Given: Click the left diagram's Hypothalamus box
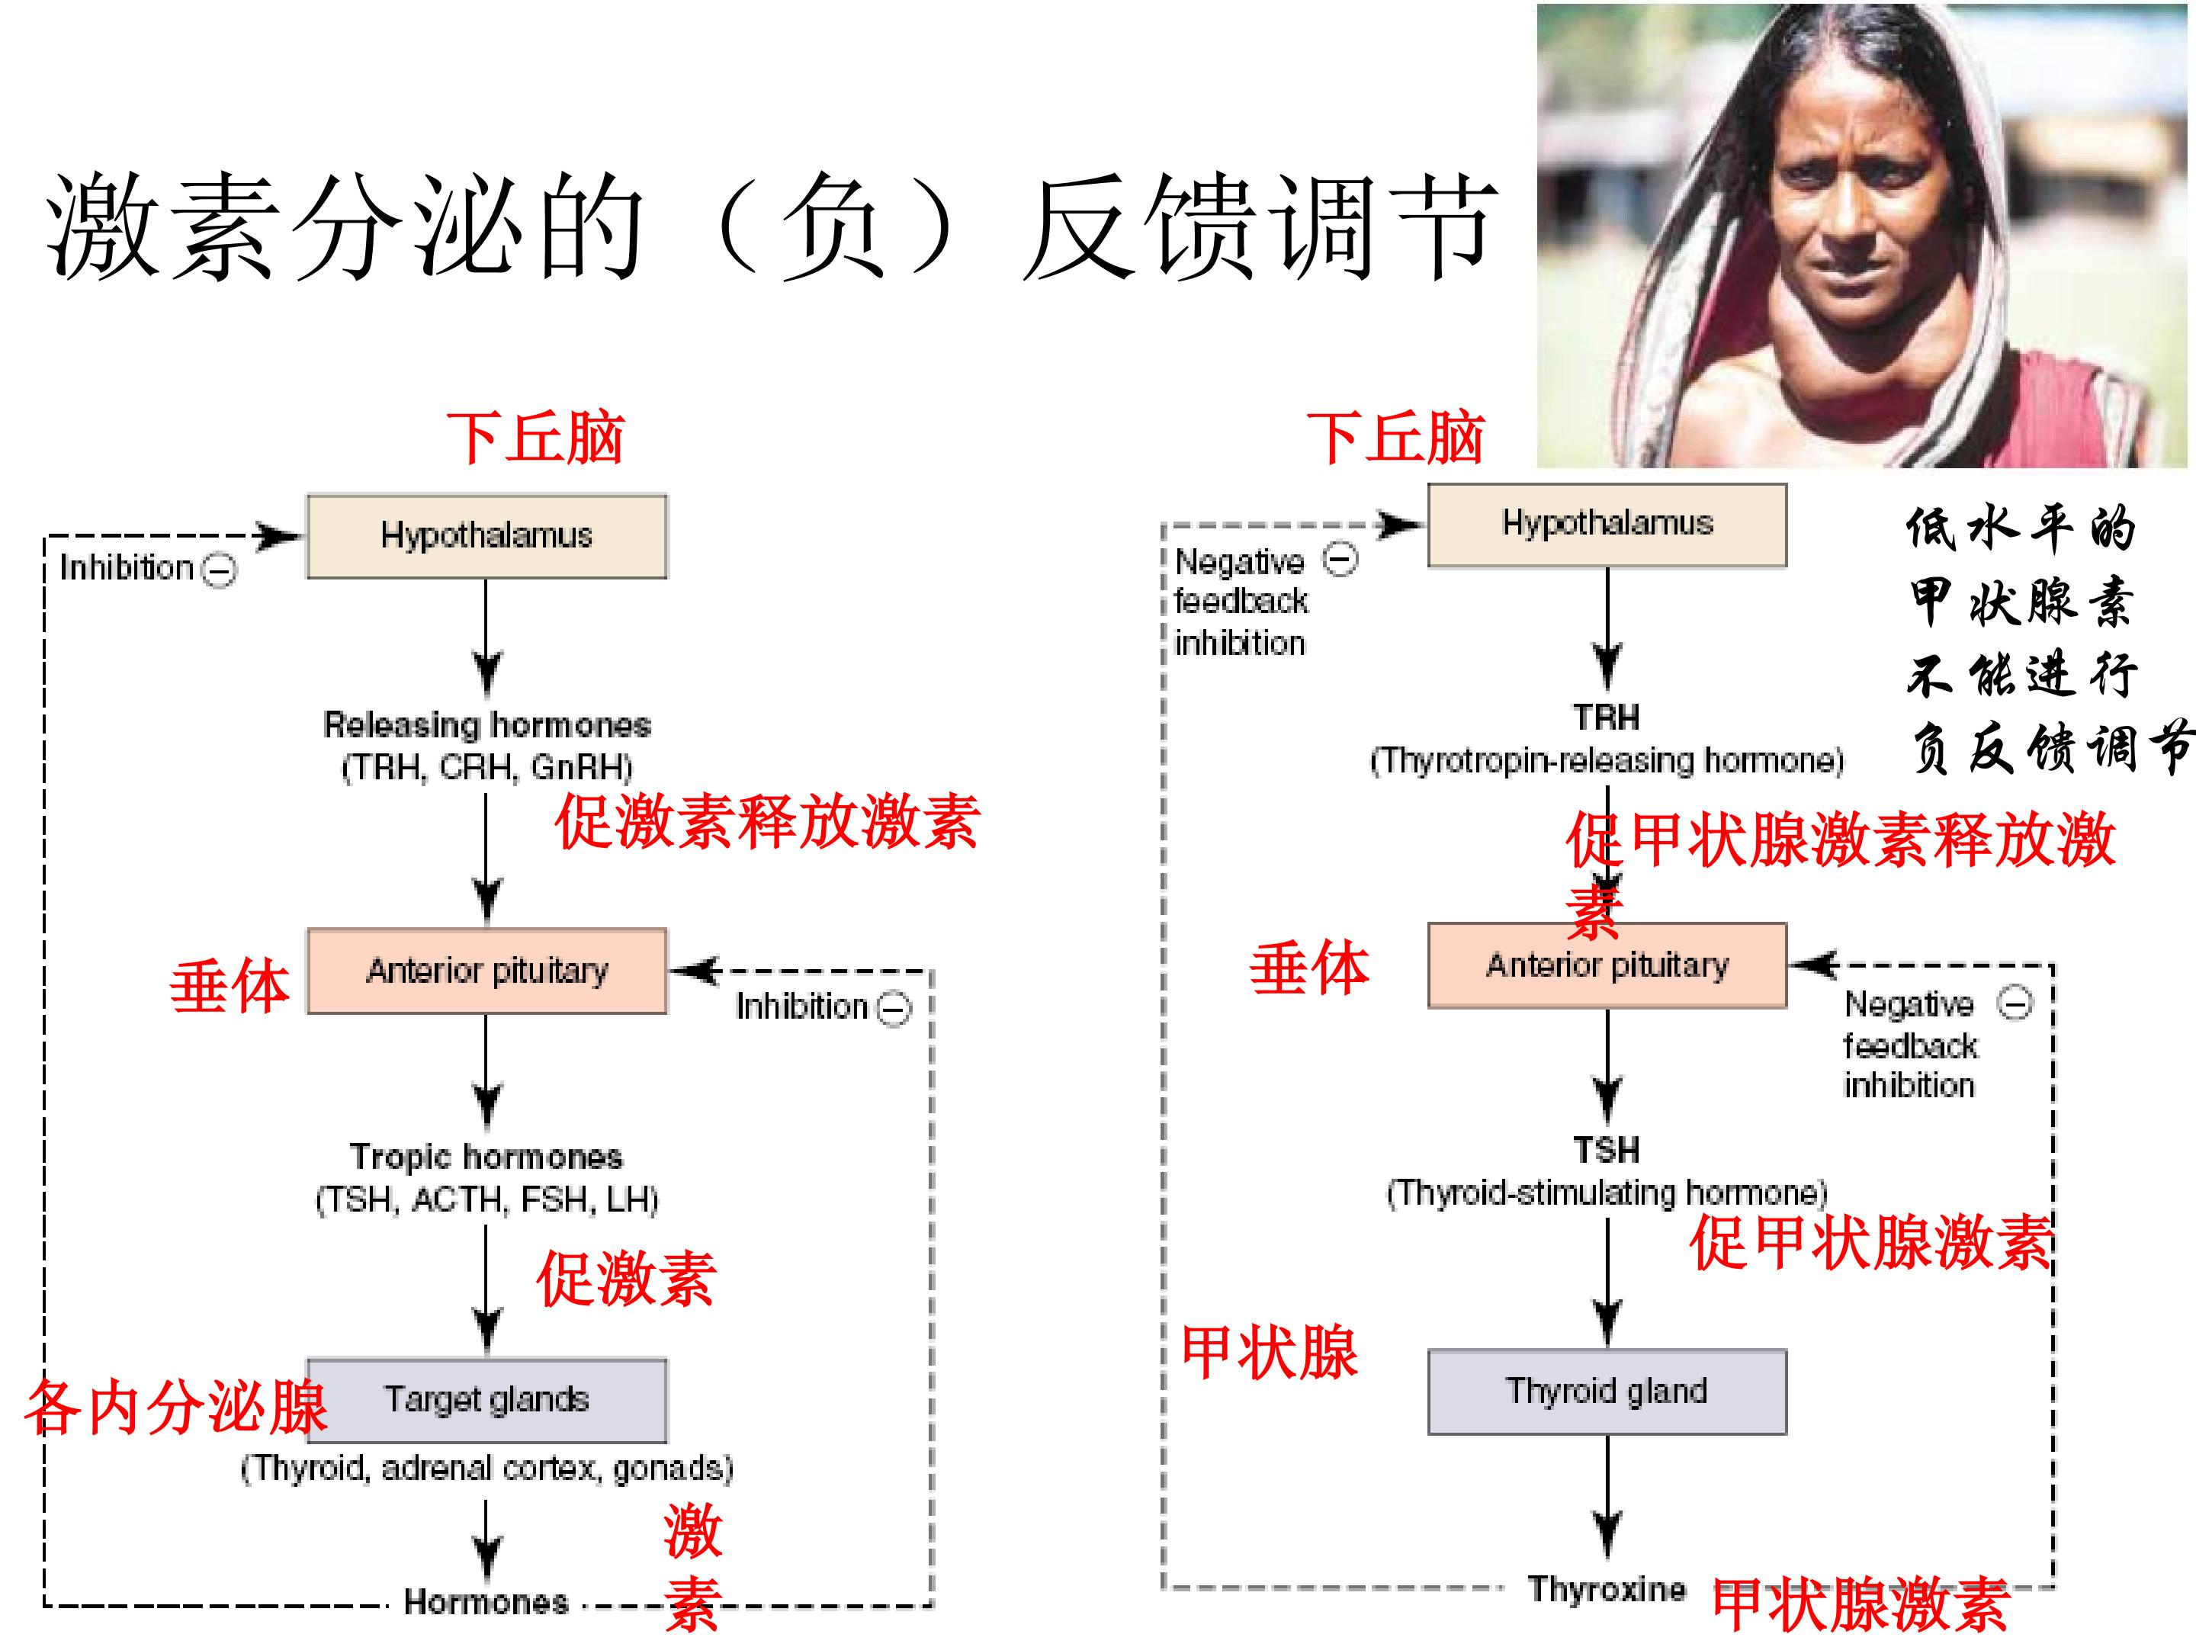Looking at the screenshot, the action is pyautogui.click(x=486, y=536).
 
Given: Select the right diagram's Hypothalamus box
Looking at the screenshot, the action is pyautogui.click(x=1607, y=525).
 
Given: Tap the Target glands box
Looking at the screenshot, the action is pyautogui.click(x=486, y=1400).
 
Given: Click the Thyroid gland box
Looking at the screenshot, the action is pyautogui.click(x=1607, y=1391).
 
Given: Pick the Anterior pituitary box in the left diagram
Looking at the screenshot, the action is pyautogui.click(x=486, y=971).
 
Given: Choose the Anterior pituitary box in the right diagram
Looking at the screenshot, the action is pyautogui.click(x=1607, y=965).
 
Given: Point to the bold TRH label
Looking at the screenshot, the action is pyautogui.click(x=1607, y=717).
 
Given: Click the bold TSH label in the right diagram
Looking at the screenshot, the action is pyautogui.click(x=1607, y=1150).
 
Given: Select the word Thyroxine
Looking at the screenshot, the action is pyautogui.click(x=1607, y=1588).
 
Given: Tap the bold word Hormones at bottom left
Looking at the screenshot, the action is pyautogui.click(x=486, y=1601).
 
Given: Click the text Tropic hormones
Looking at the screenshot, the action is pyautogui.click(x=486, y=1157).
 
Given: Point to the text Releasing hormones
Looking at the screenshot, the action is pyautogui.click(x=487, y=724).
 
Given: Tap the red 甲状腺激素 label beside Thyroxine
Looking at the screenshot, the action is pyautogui.click(x=1861, y=1605).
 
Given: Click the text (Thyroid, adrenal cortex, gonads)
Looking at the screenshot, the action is pyautogui.click(x=486, y=1467).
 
